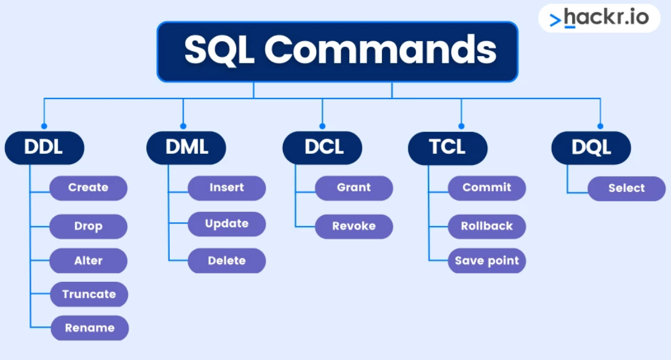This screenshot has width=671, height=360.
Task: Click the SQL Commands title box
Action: [338, 51]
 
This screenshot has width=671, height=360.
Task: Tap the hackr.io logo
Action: [599, 18]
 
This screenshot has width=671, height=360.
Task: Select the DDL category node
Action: [44, 148]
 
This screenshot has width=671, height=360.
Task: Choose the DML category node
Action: [186, 148]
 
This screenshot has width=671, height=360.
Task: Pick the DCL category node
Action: [322, 148]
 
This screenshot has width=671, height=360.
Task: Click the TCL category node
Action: [448, 148]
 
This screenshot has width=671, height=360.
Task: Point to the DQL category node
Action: [591, 148]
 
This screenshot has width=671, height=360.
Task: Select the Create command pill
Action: [88, 188]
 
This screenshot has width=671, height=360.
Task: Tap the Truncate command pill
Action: [89, 294]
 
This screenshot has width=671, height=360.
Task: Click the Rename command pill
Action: [90, 328]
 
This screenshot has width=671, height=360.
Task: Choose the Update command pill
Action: [227, 224]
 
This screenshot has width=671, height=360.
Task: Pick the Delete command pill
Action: [227, 261]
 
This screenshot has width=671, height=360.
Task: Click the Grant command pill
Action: [354, 188]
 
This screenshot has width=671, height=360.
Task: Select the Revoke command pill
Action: [354, 226]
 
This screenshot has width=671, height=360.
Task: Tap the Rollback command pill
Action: [487, 226]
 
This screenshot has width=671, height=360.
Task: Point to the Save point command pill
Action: [487, 261]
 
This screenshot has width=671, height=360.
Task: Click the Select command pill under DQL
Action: [627, 188]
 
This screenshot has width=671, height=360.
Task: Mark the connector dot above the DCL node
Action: [322, 126]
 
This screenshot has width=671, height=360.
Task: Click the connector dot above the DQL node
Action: [600, 126]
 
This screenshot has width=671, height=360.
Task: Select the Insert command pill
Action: [227, 188]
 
